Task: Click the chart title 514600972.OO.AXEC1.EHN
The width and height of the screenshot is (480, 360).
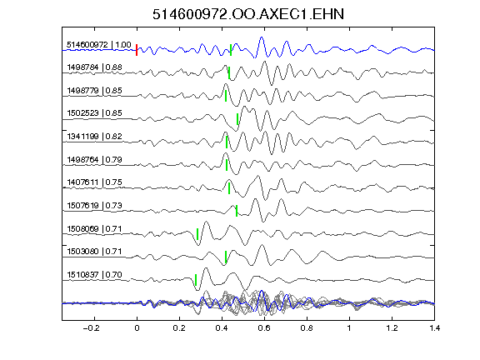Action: (x=248, y=14)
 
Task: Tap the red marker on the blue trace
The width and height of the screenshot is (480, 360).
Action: (x=137, y=50)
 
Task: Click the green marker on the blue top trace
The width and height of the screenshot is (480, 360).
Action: (x=231, y=50)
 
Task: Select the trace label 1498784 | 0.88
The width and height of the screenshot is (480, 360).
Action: (x=95, y=67)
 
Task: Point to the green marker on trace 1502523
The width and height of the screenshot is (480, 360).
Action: (x=237, y=119)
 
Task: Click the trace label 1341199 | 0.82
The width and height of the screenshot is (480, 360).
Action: (x=95, y=136)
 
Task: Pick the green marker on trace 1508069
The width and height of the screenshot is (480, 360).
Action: (x=197, y=234)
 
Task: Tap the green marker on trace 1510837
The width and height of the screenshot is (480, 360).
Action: (x=196, y=280)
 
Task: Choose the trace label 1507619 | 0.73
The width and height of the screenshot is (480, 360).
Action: (x=95, y=205)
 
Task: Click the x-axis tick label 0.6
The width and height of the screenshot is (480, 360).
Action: (x=264, y=328)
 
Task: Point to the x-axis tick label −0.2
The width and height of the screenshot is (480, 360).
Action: (x=92, y=328)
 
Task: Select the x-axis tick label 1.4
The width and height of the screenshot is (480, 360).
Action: (x=434, y=328)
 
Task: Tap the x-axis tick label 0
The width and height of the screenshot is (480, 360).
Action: (x=137, y=328)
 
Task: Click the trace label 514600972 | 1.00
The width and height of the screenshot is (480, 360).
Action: (x=99, y=45)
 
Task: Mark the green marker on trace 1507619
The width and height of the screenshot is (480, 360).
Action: (x=237, y=211)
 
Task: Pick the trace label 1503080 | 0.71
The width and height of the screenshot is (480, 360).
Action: (x=95, y=252)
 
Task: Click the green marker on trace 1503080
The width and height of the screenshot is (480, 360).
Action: (x=226, y=257)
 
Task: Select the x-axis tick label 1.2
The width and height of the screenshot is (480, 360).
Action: (x=392, y=328)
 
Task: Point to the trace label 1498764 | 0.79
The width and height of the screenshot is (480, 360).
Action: (x=95, y=159)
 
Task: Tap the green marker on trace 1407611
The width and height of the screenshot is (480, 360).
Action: (x=229, y=188)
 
